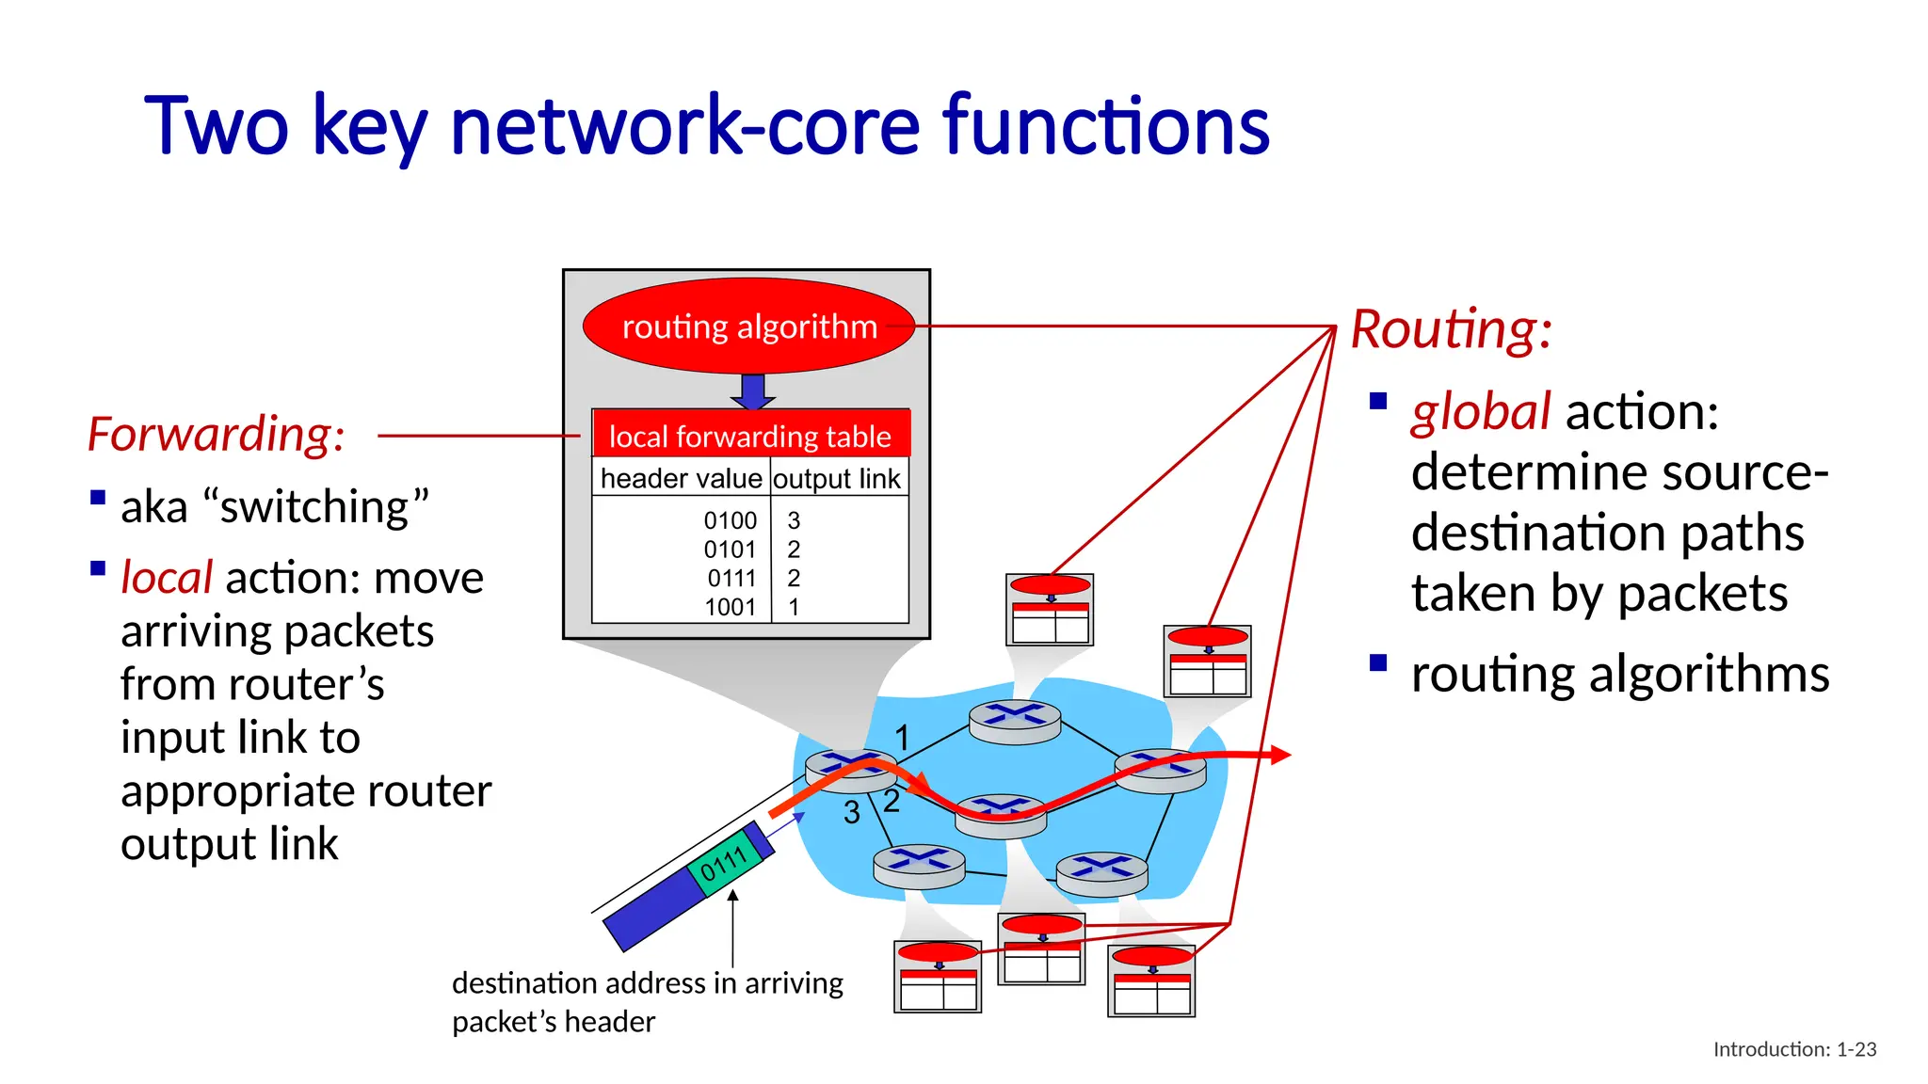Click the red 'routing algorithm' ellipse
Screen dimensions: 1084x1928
coord(748,327)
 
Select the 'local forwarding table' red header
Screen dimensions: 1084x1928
coord(750,436)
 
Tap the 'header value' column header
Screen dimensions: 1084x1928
coord(681,478)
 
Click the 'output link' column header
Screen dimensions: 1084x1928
coord(837,478)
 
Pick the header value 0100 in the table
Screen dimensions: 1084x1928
coord(730,520)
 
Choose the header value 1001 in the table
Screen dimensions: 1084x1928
coord(730,607)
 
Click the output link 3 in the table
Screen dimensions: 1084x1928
coord(794,520)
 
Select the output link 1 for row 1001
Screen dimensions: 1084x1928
coord(794,607)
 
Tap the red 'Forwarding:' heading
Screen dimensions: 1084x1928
coord(216,435)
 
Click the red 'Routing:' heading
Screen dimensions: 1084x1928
coord(1451,329)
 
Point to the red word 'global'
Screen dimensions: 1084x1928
coord(1480,412)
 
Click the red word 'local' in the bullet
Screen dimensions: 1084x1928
coord(167,578)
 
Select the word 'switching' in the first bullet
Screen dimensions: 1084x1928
coord(314,507)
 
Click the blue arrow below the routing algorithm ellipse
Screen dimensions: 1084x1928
coord(752,391)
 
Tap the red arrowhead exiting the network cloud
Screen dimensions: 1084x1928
coord(1279,755)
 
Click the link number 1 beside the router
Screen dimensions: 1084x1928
coord(902,738)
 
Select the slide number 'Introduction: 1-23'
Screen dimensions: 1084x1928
coord(1794,1049)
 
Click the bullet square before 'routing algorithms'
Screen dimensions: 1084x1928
coord(1378,662)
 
